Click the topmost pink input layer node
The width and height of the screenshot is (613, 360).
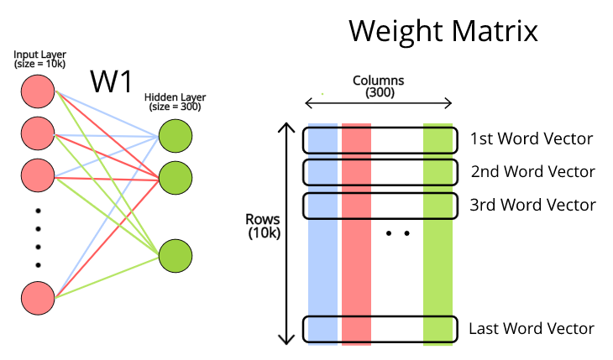38,91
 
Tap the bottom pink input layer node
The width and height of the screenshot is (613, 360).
38,299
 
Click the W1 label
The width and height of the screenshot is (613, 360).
113,82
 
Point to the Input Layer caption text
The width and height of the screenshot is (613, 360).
39,59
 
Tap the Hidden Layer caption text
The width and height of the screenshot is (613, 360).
172,102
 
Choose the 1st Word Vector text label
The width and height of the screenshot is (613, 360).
532,138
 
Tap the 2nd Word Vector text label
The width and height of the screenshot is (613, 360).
532,172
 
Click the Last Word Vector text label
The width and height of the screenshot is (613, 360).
532,329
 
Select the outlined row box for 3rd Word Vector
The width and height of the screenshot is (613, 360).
380,206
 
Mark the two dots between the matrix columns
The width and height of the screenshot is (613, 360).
398,233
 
